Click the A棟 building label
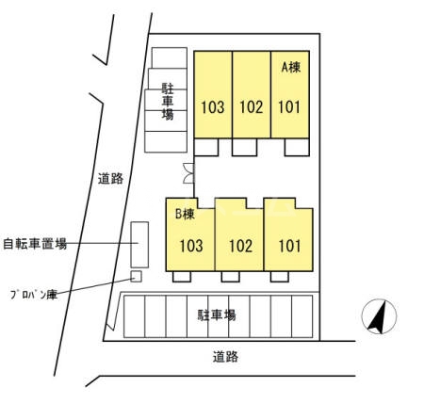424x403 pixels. (x=291, y=67)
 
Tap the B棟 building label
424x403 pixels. (x=185, y=214)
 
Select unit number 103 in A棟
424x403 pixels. (x=213, y=107)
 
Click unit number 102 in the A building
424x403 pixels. (x=252, y=107)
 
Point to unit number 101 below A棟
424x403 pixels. (x=289, y=107)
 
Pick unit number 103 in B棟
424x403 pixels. (x=191, y=246)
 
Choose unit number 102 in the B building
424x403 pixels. (x=240, y=246)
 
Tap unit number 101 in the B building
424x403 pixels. (x=289, y=246)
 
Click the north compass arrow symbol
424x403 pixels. (x=379, y=316)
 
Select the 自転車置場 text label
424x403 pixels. (x=35, y=243)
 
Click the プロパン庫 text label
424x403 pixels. (x=34, y=295)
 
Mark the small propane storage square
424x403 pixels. (x=136, y=277)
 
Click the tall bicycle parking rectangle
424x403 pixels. (x=139, y=245)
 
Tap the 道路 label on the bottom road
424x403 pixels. (x=225, y=357)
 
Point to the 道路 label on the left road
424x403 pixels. (x=110, y=179)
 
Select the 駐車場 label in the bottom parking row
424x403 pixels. (x=217, y=314)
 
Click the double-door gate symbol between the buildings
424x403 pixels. (x=188, y=173)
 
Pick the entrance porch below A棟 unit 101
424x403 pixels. (x=297, y=147)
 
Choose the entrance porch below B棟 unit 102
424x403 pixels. (x=231, y=277)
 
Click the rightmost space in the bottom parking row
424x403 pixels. (x=302, y=316)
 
